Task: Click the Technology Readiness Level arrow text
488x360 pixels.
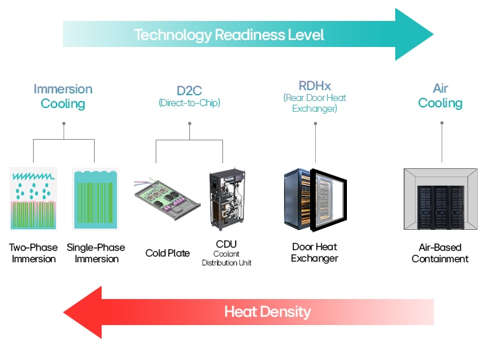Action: click(x=229, y=34)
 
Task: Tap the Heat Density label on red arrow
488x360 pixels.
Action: click(x=267, y=312)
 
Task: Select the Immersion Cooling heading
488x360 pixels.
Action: click(x=63, y=96)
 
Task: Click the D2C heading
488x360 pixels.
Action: click(x=189, y=91)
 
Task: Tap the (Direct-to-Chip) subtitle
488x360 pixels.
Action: click(x=189, y=103)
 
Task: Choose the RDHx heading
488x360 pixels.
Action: click(x=315, y=85)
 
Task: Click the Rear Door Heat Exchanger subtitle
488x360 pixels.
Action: click(x=315, y=103)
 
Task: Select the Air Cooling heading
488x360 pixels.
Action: click(x=440, y=96)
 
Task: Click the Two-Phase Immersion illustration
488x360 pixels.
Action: click(x=33, y=198)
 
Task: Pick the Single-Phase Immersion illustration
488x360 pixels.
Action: click(x=95, y=198)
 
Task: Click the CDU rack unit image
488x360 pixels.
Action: click(x=227, y=199)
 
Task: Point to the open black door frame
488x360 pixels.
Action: click(x=329, y=200)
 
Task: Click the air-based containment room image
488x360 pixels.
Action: click(x=440, y=199)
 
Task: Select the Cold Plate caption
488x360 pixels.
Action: click(x=168, y=253)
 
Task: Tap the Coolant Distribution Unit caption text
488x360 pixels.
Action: click(x=227, y=258)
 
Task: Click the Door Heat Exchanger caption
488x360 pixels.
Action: click(x=315, y=252)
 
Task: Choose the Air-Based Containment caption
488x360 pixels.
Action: click(x=440, y=253)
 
